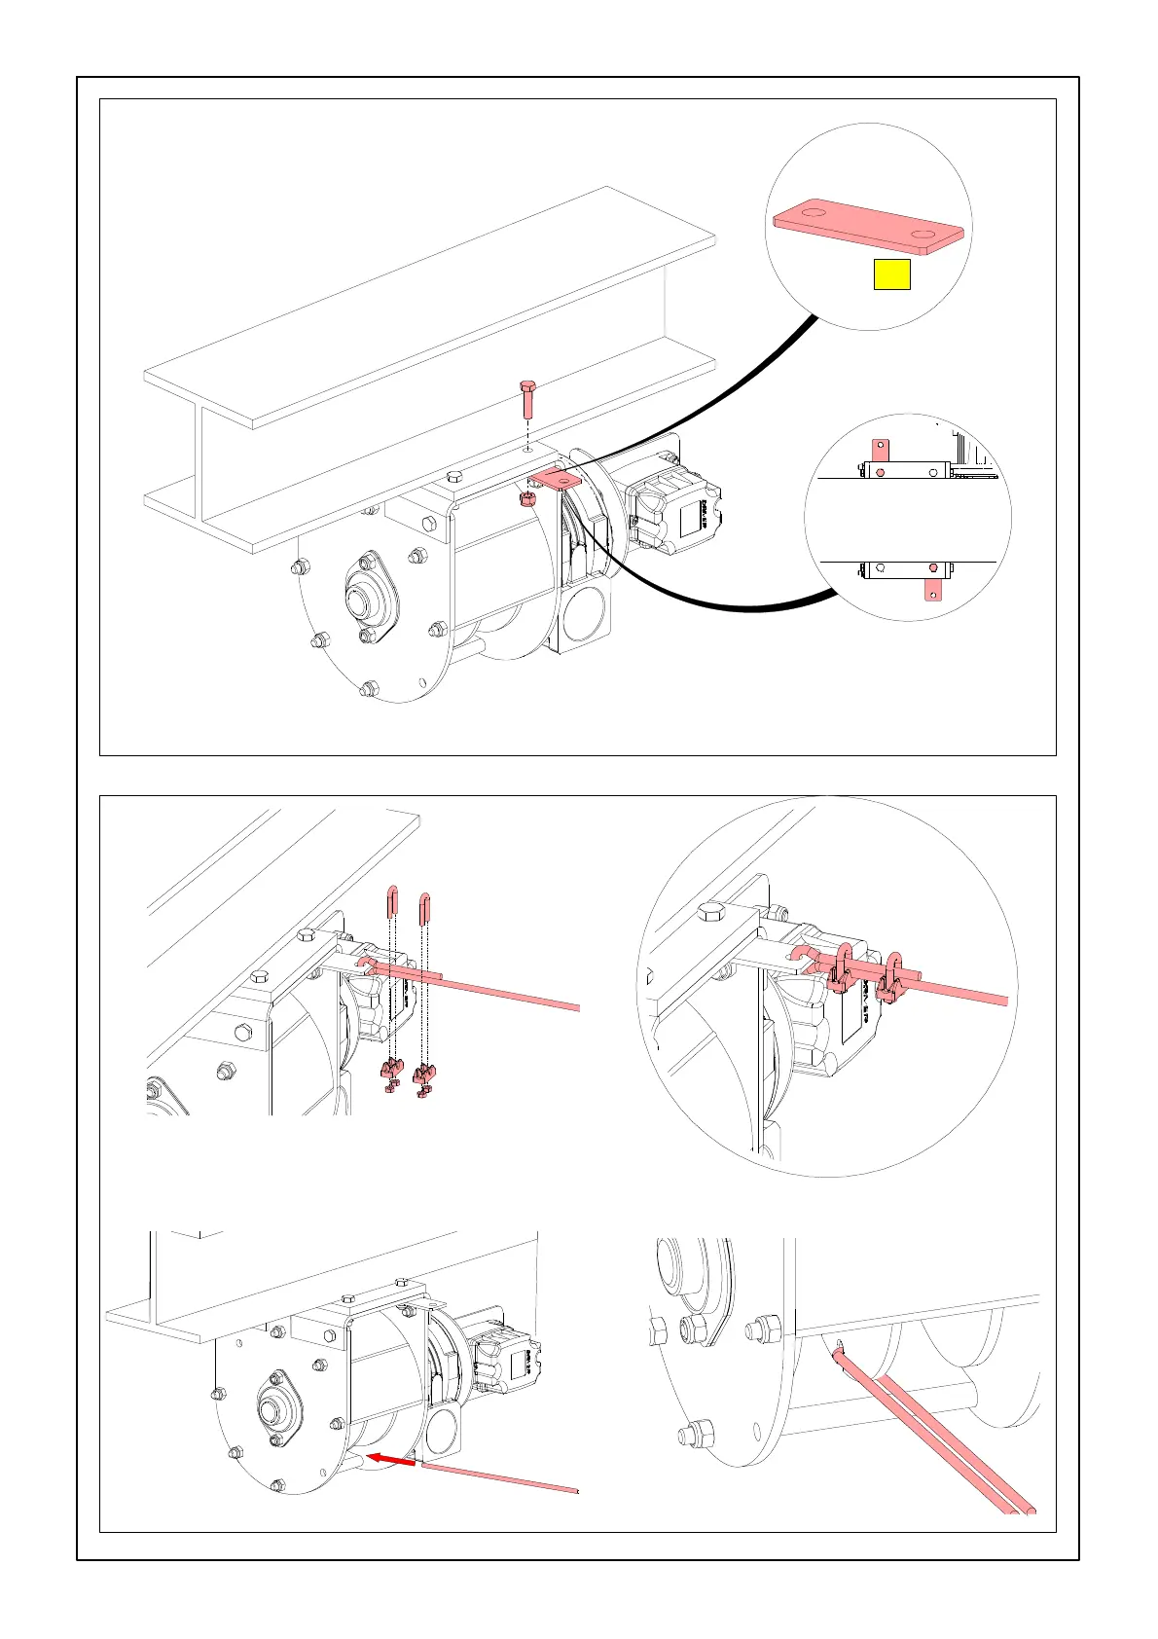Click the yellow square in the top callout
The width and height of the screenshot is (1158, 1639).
[x=891, y=275]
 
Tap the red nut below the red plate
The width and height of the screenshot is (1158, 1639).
[x=526, y=499]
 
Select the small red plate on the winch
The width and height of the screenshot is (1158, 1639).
[x=555, y=478]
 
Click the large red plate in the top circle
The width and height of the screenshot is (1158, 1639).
[x=868, y=227]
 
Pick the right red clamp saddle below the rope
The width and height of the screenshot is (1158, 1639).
[x=424, y=1075]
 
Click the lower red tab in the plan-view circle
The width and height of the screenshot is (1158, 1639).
[x=932, y=581]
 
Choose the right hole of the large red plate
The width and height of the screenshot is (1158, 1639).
[x=922, y=235]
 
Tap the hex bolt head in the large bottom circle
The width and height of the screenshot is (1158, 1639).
[x=710, y=914]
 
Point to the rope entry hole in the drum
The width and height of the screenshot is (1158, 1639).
[x=838, y=1346]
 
